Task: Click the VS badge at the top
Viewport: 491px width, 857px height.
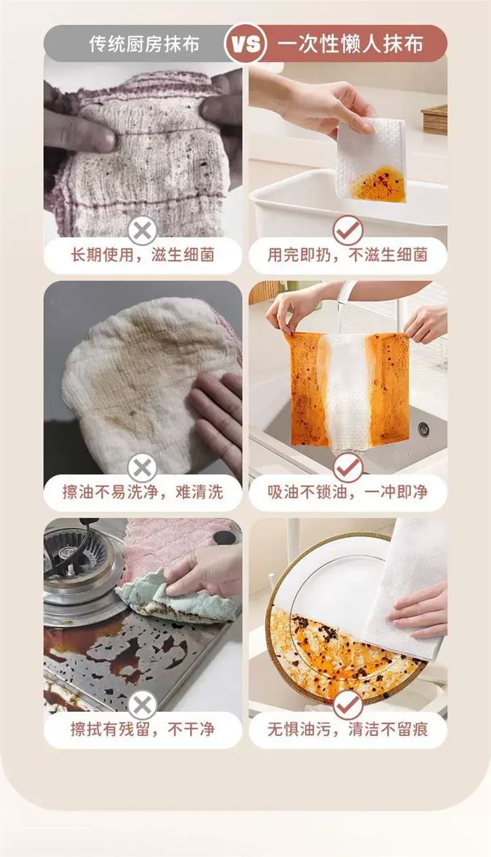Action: tap(245, 44)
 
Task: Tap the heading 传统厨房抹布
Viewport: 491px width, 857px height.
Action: tap(145, 44)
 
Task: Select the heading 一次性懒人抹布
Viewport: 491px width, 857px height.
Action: tap(350, 44)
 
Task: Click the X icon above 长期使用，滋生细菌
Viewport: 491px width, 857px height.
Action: tap(142, 231)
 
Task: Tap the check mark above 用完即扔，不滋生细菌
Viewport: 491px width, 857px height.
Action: tap(348, 230)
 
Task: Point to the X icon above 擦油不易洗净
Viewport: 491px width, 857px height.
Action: tap(142, 468)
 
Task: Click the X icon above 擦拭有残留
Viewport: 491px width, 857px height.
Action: tap(142, 705)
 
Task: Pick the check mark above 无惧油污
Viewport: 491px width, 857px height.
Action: tap(348, 705)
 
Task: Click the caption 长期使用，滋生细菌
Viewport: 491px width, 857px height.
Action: tap(143, 254)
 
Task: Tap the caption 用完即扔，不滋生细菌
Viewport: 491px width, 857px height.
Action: tap(348, 254)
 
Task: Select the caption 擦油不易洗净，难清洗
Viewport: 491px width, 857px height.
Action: tap(143, 492)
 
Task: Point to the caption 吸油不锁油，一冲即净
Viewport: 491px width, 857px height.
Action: tap(348, 492)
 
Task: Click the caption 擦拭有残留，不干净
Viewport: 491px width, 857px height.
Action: tap(143, 729)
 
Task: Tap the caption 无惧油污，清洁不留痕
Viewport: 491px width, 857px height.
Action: tap(348, 729)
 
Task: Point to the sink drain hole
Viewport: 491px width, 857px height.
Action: tap(424, 428)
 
